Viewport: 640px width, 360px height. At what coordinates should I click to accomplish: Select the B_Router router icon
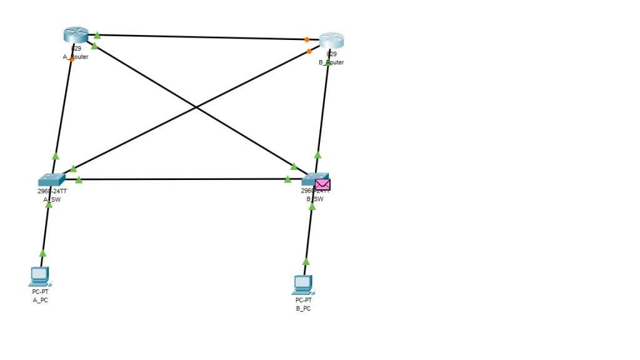point(331,41)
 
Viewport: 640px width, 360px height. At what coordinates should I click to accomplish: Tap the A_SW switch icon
point(51,180)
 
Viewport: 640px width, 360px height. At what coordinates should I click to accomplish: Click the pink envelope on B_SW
point(322,184)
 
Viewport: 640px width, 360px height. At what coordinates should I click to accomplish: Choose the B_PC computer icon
point(302,285)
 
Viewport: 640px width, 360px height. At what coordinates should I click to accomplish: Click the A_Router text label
point(76,57)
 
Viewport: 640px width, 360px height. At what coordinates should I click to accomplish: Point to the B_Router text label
point(331,62)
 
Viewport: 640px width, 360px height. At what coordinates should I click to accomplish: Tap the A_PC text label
point(40,300)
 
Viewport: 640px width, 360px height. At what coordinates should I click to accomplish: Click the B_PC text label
point(303,309)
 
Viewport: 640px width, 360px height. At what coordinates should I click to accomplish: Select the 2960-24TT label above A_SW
point(52,191)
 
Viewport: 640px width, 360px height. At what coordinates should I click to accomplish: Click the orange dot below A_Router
point(72,59)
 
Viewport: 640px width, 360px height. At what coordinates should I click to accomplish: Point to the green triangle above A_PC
point(43,253)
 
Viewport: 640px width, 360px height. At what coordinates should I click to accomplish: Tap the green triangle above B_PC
point(306,261)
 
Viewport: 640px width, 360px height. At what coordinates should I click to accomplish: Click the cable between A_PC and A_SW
point(46,231)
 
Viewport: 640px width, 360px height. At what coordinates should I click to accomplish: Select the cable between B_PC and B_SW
point(309,237)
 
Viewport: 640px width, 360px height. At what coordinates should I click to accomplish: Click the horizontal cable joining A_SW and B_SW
point(181,179)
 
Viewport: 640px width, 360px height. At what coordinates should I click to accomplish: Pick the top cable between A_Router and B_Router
point(200,37)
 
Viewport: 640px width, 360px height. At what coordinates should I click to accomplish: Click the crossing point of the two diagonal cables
point(196,107)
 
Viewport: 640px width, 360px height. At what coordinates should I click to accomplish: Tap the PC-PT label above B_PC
point(303,300)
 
